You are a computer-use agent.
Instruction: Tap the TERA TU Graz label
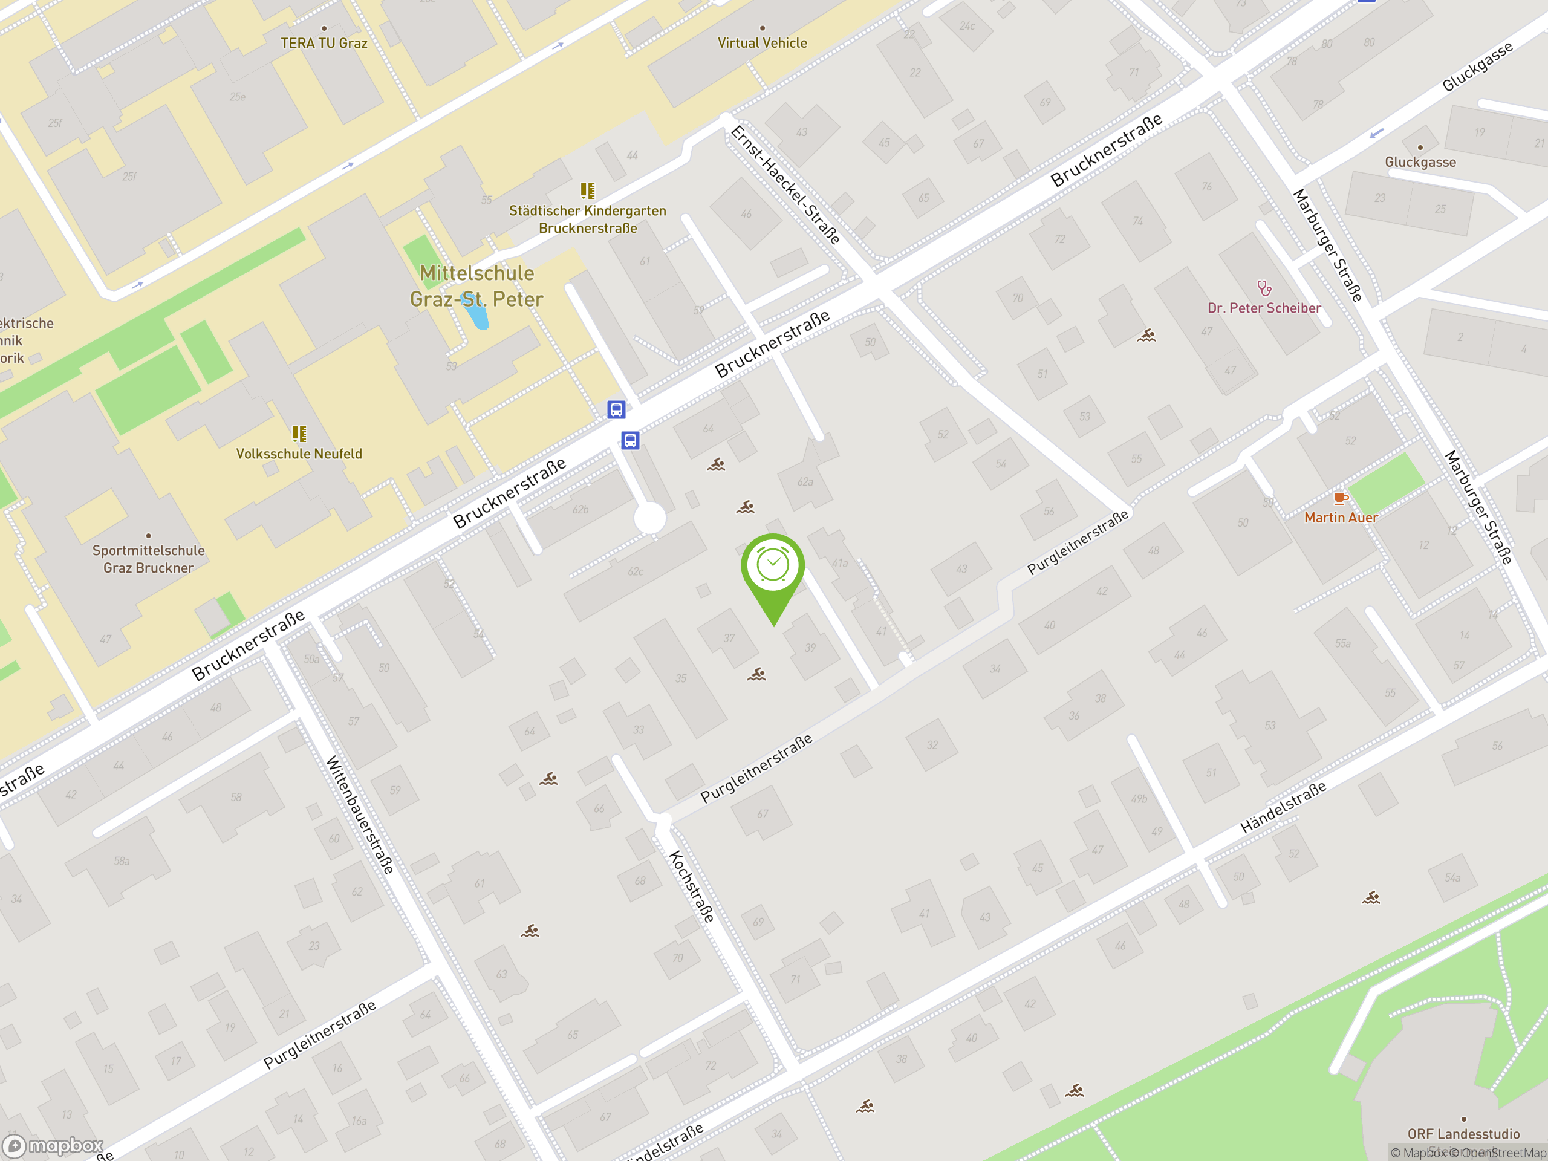point(324,43)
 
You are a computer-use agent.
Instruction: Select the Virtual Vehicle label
point(762,43)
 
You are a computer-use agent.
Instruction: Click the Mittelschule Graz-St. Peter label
point(476,285)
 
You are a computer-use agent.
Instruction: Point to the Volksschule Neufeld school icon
point(299,434)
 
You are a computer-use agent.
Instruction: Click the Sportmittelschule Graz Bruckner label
point(148,559)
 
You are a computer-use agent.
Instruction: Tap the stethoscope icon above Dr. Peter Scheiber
point(1264,288)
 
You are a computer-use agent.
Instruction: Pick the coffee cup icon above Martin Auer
point(1340,498)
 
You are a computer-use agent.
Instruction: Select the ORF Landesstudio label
point(1463,1134)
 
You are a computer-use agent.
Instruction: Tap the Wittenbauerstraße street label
point(360,815)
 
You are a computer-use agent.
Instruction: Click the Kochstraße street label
point(691,886)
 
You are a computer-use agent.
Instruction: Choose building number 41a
point(840,562)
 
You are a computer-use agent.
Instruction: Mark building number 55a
point(1342,643)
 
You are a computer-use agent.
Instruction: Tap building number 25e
point(237,97)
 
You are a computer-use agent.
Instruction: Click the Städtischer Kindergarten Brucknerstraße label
point(588,219)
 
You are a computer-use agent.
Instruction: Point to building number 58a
point(122,861)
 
